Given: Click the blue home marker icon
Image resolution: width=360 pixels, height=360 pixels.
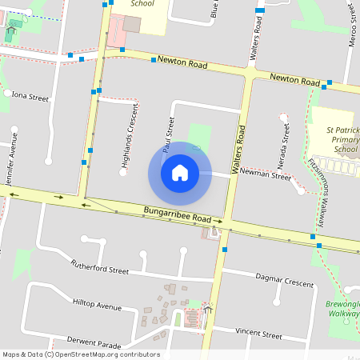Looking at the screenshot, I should click(x=179, y=172).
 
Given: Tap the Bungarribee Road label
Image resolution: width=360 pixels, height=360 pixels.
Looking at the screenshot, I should click(x=177, y=215).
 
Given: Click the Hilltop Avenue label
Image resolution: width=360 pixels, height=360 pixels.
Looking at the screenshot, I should click(x=97, y=306).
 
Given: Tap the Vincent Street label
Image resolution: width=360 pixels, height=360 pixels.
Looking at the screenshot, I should click(x=258, y=334).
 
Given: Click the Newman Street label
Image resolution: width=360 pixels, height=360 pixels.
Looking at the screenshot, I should click(x=266, y=174).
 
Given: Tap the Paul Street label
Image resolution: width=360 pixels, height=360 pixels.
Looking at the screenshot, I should click(x=168, y=134).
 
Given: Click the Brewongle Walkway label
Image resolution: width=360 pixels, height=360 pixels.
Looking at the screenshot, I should click(x=344, y=310).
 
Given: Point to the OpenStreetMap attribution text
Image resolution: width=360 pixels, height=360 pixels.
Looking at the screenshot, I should click(x=81, y=354).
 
